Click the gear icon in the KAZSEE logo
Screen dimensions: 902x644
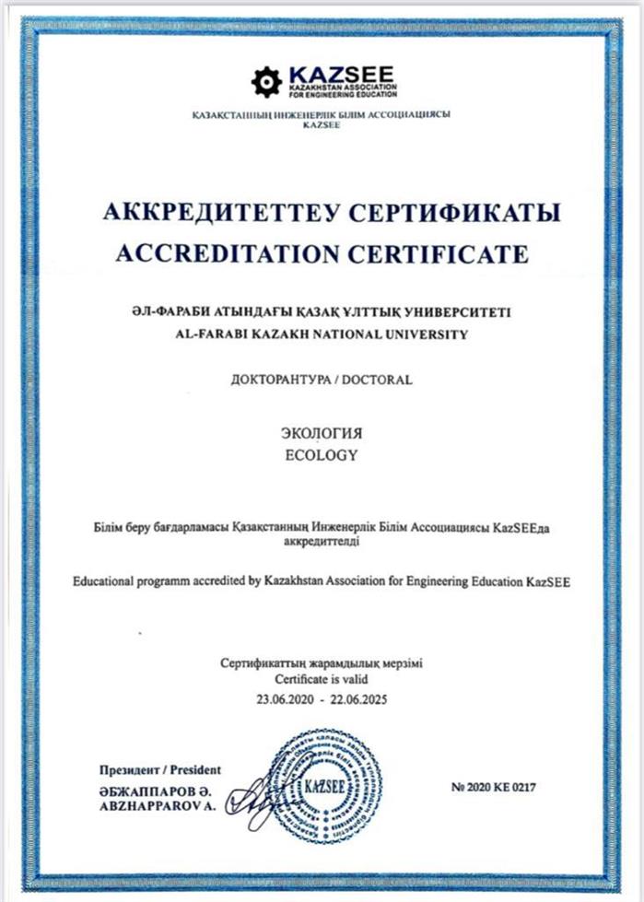pos(265,82)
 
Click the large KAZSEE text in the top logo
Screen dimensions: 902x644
pos(341,72)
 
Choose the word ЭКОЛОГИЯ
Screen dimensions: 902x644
pos(322,434)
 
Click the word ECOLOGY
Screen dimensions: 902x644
pos(322,454)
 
